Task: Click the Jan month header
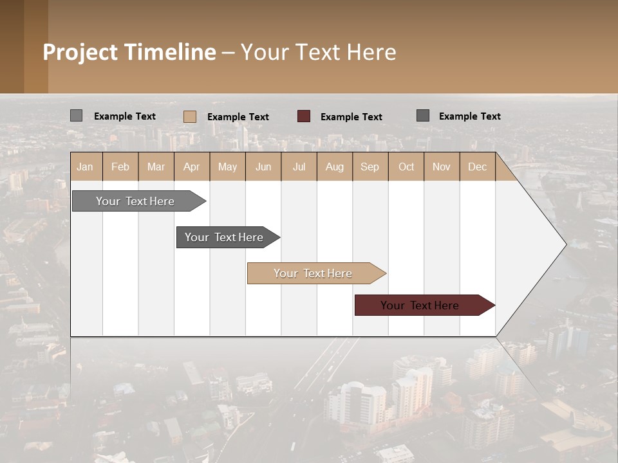point(85,167)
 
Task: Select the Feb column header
point(120,167)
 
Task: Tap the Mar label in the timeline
point(156,167)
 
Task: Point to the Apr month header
point(191,167)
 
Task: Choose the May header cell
point(227,167)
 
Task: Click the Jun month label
point(263,167)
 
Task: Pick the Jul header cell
point(299,167)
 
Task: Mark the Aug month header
point(334,167)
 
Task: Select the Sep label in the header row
point(370,167)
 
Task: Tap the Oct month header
point(406,167)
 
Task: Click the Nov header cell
point(441,167)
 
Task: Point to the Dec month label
point(477,167)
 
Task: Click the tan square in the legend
point(190,116)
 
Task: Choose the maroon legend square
point(304,116)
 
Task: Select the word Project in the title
point(80,52)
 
